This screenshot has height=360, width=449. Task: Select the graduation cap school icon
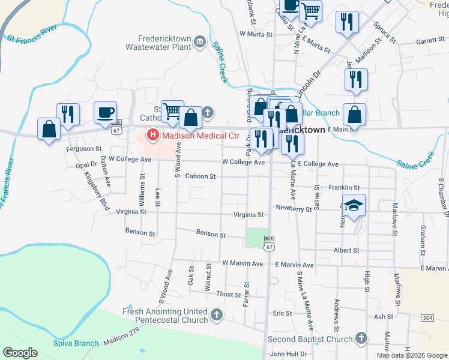[354, 205]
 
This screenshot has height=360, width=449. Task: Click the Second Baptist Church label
[310, 340]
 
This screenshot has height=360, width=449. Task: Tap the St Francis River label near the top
[32, 34]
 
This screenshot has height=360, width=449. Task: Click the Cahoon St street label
[200, 176]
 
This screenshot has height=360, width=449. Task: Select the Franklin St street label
[343, 188]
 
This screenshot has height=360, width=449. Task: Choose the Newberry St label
[294, 209]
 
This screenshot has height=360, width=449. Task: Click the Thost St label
[228, 295]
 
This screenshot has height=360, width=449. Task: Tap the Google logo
[20, 353]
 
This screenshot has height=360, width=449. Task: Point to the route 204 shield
[427, 317]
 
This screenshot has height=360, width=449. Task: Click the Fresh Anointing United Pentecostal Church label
[165, 316]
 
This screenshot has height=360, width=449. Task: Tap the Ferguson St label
[84, 149]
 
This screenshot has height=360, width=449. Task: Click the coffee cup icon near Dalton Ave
[105, 112]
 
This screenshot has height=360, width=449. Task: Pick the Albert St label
[347, 250]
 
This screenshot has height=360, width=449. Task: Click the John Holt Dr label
[288, 354]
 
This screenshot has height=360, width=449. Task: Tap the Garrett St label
[429, 42]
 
